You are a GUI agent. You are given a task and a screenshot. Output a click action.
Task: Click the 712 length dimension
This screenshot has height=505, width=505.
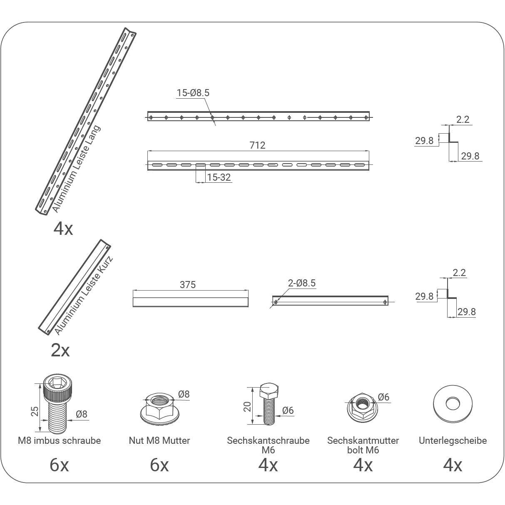257,145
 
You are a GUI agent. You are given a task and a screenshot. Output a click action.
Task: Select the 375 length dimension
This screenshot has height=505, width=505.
187,285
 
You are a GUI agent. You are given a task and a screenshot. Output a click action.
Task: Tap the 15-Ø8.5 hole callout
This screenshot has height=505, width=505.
193,93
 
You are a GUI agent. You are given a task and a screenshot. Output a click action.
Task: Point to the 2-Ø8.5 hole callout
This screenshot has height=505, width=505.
302,283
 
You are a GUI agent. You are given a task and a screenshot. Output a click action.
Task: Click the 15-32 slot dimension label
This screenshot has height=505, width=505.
219,177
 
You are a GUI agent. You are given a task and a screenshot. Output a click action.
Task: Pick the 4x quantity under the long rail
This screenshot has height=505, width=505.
63,228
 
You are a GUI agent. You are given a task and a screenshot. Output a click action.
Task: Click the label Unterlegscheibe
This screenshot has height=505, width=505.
453,440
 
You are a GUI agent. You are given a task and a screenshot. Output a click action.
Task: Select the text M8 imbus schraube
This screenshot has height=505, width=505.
59,440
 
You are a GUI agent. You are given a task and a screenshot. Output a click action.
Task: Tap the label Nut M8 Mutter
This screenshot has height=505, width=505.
159,440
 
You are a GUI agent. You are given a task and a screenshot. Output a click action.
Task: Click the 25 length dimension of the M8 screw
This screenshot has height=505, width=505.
35,411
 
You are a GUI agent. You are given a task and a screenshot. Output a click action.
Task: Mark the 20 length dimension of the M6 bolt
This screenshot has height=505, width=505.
247,407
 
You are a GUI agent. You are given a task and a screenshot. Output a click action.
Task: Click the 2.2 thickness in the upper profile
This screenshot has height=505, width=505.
463,119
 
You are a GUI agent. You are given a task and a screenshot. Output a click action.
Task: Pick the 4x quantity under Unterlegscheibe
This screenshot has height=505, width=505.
453,465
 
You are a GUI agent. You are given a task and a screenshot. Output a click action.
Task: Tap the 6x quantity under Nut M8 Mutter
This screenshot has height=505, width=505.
159,465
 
